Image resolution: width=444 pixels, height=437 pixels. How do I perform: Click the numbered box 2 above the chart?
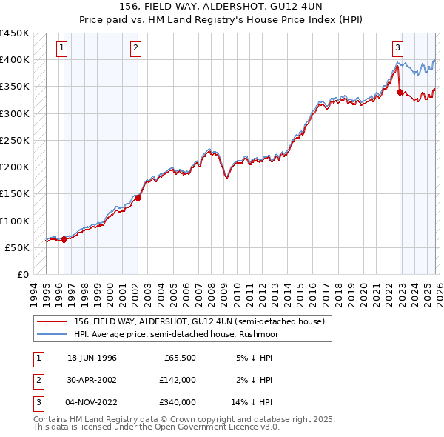point(136,48)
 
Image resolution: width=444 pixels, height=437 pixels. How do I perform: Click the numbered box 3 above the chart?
point(397,48)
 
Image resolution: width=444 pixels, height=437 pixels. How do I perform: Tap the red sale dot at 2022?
point(400,92)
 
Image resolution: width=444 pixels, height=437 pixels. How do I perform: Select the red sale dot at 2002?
point(138,198)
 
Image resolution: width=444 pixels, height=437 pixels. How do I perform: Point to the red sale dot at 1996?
point(64,239)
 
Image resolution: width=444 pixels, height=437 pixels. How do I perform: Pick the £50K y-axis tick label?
point(18,247)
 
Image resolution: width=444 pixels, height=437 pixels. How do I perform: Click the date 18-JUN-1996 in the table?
point(92,358)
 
